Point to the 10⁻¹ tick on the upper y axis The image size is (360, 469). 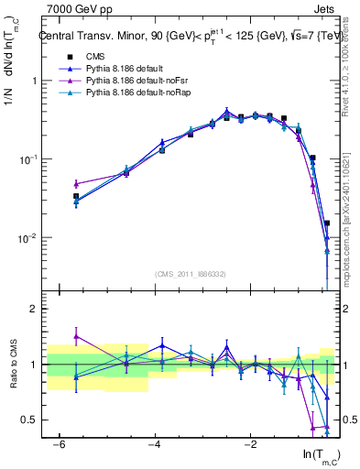coord(27,159)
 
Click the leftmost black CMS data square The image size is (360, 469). coord(76,196)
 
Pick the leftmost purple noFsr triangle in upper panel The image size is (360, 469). coord(76,184)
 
